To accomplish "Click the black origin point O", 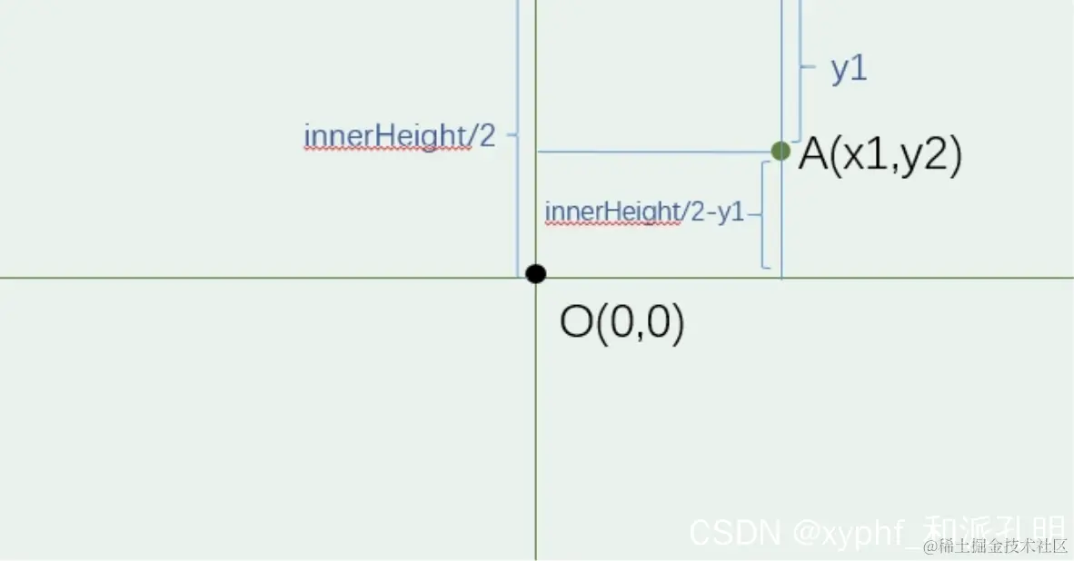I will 535,273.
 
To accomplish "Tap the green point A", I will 780,151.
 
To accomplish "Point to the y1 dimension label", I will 849,70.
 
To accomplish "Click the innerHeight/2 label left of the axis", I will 400,136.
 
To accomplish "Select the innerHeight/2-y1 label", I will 644,212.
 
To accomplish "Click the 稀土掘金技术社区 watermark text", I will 995,546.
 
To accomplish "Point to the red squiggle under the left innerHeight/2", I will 387,149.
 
